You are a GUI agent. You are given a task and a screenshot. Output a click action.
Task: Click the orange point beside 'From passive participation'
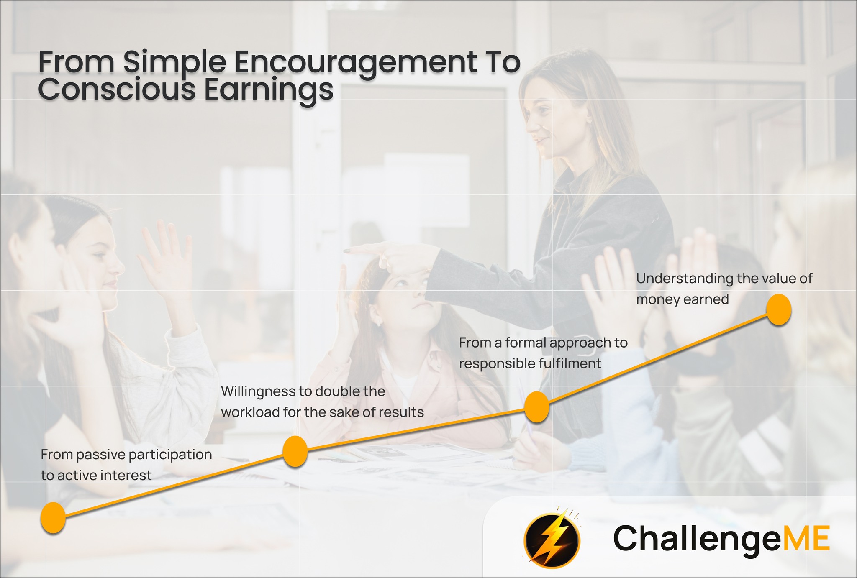click(x=53, y=518)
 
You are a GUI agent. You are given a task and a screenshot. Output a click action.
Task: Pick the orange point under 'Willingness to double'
click(x=295, y=451)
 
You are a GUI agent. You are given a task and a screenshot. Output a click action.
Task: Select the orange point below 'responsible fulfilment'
click(x=536, y=407)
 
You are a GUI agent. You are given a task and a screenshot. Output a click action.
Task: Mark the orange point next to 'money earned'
click(x=779, y=309)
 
